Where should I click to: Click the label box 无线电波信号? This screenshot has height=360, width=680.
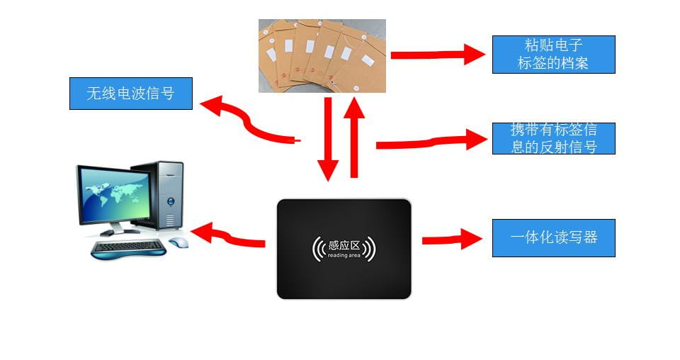pyautogui.click(x=131, y=94)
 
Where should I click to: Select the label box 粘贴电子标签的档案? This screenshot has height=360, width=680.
pyautogui.click(x=553, y=54)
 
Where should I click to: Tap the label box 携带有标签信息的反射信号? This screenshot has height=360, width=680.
pyautogui.click(x=553, y=138)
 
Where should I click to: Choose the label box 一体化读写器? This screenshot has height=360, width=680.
pyautogui.click(x=553, y=237)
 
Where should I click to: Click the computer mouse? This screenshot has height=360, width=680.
pyautogui.click(x=179, y=242)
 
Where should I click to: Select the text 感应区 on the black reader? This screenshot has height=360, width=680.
pyautogui.click(x=344, y=246)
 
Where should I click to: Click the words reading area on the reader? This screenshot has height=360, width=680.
pyautogui.click(x=344, y=256)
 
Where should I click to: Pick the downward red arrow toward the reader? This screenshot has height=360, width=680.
pyautogui.click(x=328, y=140)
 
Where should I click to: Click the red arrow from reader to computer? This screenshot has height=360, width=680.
pyautogui.click(x=227, y=236)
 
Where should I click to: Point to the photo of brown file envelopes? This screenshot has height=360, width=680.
pyautogui.click(x=322, y=56)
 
